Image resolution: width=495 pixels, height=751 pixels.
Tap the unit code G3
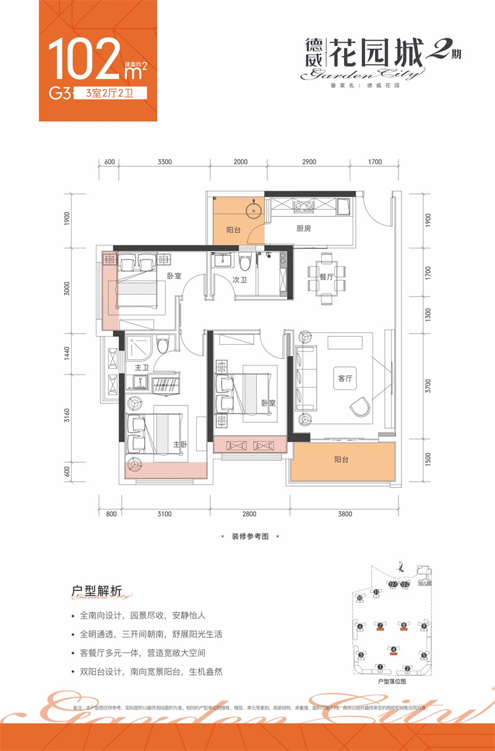click(x=58, y=95)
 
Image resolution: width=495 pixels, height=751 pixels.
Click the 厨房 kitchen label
click(x=303, y=229)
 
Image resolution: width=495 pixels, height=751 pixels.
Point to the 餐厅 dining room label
click(x=326, y=278)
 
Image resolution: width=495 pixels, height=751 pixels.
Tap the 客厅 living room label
click(x=345, y=380)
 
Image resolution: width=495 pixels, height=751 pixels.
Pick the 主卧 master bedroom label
click(x=180, y=443)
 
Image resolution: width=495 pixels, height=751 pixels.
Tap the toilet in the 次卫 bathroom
click(x=246, y=264)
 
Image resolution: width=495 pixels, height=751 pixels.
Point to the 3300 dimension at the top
click(x=164, y=162)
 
